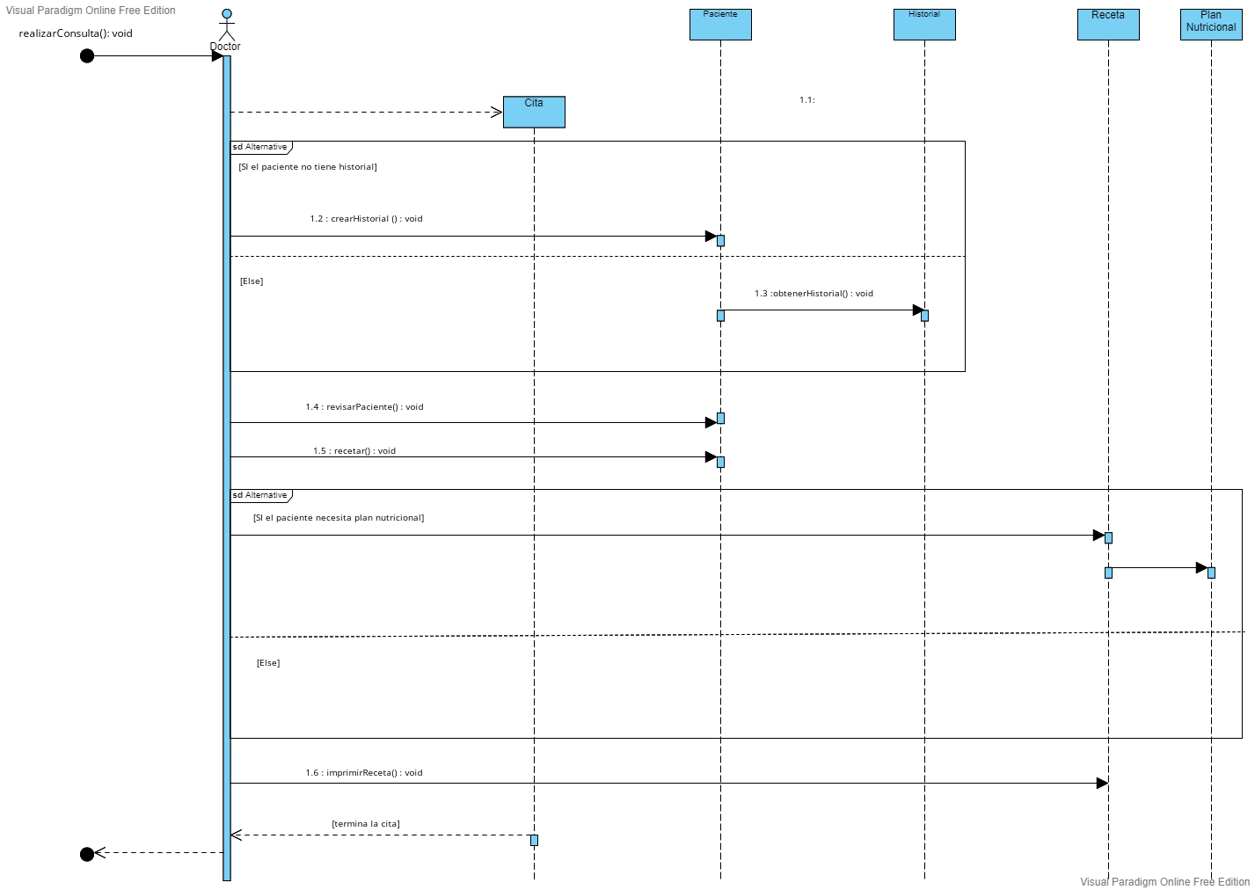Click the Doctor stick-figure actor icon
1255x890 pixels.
[x=227, y=25]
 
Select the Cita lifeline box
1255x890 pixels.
[x=534, y=112]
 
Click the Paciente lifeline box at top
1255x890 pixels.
[x=720, y=24]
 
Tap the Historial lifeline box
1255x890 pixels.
[x=924, y=24]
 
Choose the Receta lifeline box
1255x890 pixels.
[x=1108, y=24]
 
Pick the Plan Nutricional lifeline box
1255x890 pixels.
[x=1211, y=24]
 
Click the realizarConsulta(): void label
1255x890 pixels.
[x=76, y=33]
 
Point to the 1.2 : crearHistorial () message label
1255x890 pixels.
[x=366, y=219]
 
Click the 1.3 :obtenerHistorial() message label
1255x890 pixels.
[x=814, y=294]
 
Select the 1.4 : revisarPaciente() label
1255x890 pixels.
[x=364, y=407]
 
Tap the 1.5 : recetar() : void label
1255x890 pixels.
[x=354, y=451]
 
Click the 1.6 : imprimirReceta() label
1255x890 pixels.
[x=364, y=773]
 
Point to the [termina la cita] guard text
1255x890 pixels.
[x=366, y=824]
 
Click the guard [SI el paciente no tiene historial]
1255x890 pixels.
[x=308, y=167]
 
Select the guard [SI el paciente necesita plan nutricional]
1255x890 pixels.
[x=339, y=518]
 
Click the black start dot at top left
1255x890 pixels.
[x=87, y=56]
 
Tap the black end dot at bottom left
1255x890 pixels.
[x=87, y=854]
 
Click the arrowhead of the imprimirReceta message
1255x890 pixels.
[x=1102, y=783]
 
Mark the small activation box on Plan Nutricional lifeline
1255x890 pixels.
[x=1211, y=573]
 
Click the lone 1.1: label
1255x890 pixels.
[x=807, y=100]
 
